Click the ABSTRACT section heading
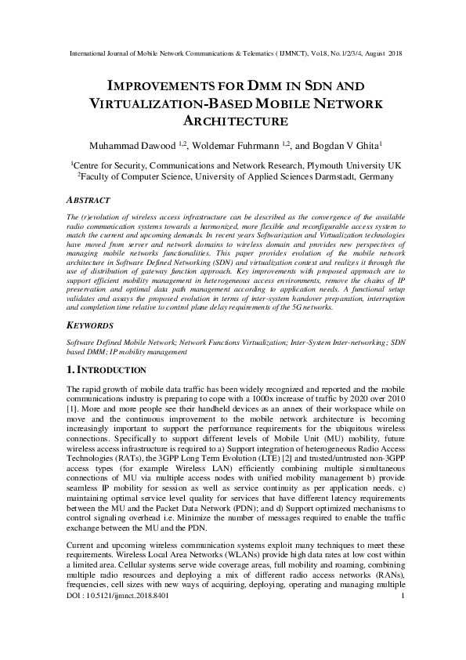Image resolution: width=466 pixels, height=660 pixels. (89, 201)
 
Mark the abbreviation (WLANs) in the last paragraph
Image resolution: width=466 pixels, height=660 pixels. (221, 553)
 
